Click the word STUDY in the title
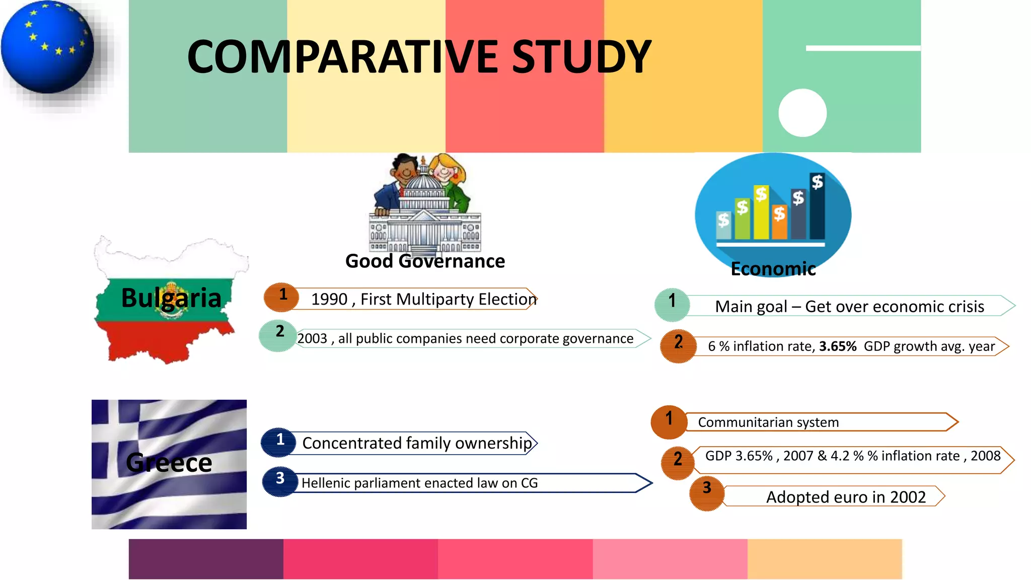point(581,57)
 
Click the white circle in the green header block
point(802,113)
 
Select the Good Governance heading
point(425,261)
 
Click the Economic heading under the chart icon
point(773,269)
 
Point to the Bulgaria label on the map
point(171,298)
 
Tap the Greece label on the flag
point(169,462)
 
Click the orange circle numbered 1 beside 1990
point(282,297)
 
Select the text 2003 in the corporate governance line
point(312,339)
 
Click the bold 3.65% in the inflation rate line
point(838,346)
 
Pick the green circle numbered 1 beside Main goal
point(672,305)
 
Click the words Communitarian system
point(768,422)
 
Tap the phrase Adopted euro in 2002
point(846,497)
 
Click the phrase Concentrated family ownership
point(417,443)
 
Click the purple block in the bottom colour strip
point(206,559)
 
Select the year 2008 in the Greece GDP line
point(985,456)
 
